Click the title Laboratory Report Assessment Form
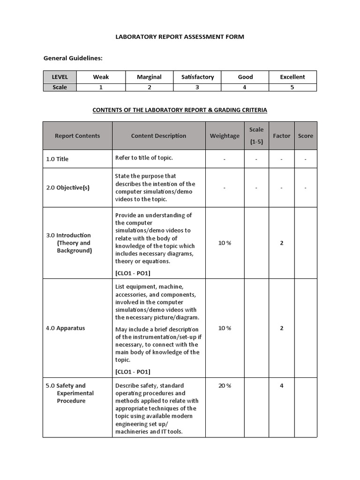(180, 37)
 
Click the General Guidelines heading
(73, 58)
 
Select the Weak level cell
(101, 77)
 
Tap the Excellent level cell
(292, 77)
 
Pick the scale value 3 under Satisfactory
(197, 87)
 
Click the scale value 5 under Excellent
(292, 87)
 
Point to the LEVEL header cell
(60, 77)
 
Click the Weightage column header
(225, 136)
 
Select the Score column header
(305, 136)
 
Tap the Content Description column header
(158, 136)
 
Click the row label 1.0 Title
(57, 159)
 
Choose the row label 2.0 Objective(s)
(67, 187)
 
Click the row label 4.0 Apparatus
(65, 328)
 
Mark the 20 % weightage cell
(225, 386)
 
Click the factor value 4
(282, 386)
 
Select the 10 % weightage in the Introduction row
(225, 243)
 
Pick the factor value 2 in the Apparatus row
(282, 328)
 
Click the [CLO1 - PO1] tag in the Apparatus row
(133, 372)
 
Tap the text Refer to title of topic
(144, 157)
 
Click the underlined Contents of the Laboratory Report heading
(180, 110)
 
